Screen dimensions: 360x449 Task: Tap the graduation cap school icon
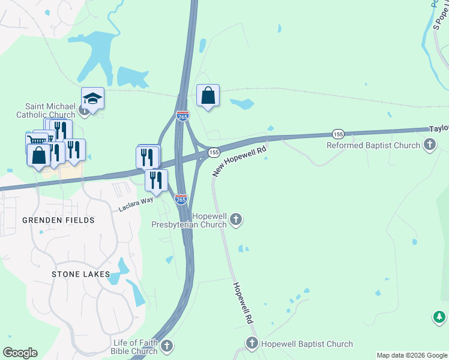[93, 98]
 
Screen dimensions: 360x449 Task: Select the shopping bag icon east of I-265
[208, 95]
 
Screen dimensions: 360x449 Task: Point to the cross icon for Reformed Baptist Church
[429, 144]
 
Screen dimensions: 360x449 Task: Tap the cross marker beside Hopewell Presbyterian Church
[236, 220]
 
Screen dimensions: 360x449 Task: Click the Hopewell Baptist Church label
[306, 344]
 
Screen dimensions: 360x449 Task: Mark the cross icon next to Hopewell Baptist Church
[252, 344]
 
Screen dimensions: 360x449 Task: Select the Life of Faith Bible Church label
[135, 347]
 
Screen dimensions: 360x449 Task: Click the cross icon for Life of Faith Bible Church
[167, 346]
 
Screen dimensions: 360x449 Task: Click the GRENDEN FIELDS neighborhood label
[58, 220]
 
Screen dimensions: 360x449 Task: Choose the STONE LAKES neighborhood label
[80, 274]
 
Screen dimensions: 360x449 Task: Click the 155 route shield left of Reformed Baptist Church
[338, 134]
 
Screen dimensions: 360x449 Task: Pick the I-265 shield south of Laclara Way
[181, 199]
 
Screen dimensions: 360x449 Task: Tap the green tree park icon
[439, 317]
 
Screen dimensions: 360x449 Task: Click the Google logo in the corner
[20, 353]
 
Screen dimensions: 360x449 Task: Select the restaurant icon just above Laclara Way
[156, 179]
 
